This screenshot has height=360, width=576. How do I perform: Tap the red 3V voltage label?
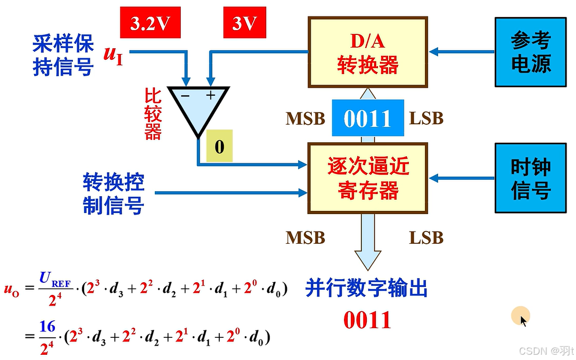point(245,24)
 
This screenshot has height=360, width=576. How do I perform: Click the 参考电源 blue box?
point(531,52)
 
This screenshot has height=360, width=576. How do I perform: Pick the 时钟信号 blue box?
point(531,178)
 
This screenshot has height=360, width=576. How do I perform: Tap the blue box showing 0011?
point(367,118)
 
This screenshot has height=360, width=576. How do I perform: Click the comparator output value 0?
point(219,146)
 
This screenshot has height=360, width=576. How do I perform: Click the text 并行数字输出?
point(366,289)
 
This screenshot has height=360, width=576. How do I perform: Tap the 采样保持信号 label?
point(63,56)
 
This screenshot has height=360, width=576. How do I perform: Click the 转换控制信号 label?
point(113,194)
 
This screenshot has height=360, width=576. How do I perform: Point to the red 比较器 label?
point(153,114)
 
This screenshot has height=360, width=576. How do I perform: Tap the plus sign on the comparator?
point(211,95)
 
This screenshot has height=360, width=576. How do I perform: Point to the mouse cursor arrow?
point(523,320)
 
